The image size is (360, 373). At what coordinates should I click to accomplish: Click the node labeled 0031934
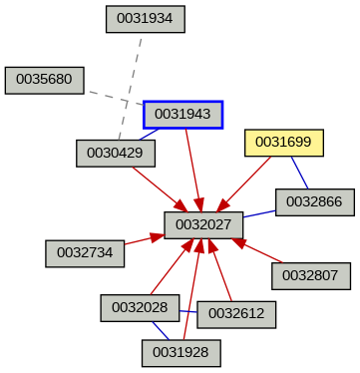[x=145, y=18]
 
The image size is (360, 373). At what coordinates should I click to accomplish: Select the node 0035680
[x=44, y=80]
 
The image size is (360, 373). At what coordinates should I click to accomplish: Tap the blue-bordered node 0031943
[x=182, y=115]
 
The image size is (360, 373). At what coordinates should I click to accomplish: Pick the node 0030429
[x=116, y=153]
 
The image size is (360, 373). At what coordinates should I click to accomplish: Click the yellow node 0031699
[x=284, y=143]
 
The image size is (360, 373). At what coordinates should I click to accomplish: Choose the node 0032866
[x=314, y=202]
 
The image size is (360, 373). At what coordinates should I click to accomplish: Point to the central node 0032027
[x=203, y=225]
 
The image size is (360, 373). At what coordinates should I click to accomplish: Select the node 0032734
[x=85, y=253]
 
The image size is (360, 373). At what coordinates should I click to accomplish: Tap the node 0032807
[x=310, y=275]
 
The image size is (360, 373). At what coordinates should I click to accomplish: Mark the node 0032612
[x=236, y=313]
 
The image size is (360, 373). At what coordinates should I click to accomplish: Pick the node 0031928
[x=180, y=352]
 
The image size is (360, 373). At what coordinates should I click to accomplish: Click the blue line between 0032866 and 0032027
[x=259, y=214]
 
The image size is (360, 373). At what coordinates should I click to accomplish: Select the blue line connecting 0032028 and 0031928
[x=160, y=330]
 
